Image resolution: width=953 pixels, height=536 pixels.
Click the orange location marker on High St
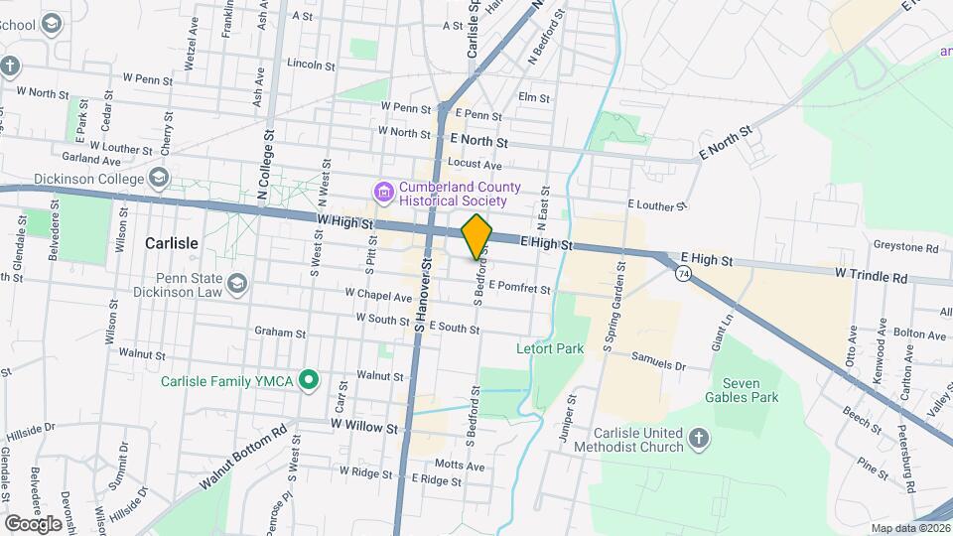pos(477,236)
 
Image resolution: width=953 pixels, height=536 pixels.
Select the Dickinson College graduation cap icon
pos(158,178)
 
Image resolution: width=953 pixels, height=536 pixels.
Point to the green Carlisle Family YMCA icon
pos(310,378)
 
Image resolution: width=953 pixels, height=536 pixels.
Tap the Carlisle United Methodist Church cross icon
pos(699,438)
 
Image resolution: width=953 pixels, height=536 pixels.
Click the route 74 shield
pos(683,273)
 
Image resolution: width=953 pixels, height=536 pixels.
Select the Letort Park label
pos(549,348)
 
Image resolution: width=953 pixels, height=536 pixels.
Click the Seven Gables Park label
pos(749,390)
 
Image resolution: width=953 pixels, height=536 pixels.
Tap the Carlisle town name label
pos(172,242)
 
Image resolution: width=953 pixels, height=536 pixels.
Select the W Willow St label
pos(364,428)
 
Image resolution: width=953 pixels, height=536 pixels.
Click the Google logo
pos(34,523)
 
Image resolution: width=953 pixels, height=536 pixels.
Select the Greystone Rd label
pos(905,247)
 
